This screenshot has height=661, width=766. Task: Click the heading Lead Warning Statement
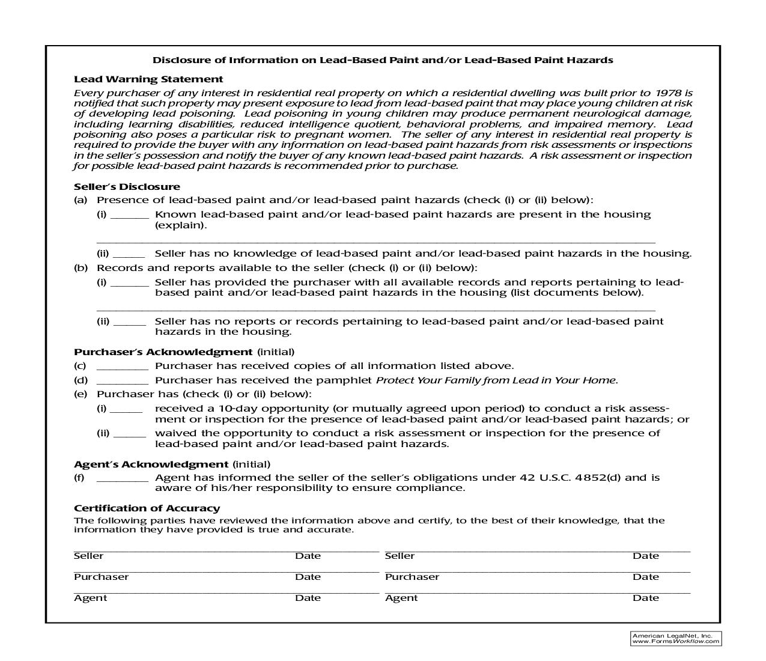[x=148, y=79]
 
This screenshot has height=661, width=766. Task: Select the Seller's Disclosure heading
[x=127, y=186]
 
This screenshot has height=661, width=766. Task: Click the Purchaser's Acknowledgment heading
[x=163, y=352]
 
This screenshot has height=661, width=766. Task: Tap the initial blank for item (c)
[x=122, y=367]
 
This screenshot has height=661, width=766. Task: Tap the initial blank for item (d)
[x=122, y=381]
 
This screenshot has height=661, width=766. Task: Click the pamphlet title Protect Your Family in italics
[x=496, y=380]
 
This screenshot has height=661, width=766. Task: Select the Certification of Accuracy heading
[x=147, y=508]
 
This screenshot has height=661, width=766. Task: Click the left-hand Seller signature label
[x=88, y=556]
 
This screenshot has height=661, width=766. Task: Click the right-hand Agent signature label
[x=401, y=598]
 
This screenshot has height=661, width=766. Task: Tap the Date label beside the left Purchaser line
[x=308, y=577]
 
